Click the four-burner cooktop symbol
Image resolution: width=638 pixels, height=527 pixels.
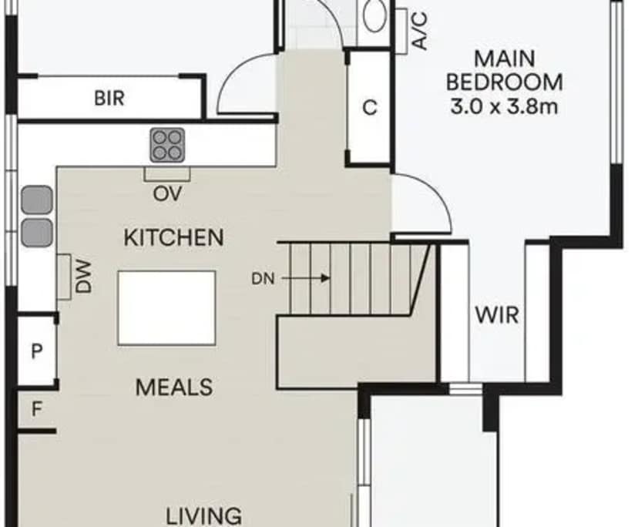click(x=167, y=144)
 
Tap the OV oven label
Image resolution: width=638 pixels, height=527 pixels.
click(x=167, y=193)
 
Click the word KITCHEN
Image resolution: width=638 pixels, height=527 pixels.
click(x=174, y=237)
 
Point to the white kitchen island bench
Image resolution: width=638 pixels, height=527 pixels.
click(x=167, y=308)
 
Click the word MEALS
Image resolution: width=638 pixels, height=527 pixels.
click(x=174, y=387)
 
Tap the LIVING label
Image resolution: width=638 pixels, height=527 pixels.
click(x=205, y=515)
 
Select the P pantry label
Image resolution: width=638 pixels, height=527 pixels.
click(x=35, y=351)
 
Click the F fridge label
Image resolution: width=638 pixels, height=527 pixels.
click(x=35, y=409)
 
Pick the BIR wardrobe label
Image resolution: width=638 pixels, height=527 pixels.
click(x=109, y=99)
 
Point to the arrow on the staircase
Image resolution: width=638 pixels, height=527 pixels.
click(x=320, y=278)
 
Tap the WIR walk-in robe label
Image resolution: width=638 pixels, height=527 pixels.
click(x=496, y=315)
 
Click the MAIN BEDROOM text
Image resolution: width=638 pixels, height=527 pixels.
click(x=505, y=70)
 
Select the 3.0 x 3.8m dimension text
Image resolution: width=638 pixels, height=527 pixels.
click(x=505, y=106)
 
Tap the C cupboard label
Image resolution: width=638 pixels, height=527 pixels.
click(x=370, y=109)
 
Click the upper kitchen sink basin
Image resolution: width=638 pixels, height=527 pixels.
click(x=36, y=200)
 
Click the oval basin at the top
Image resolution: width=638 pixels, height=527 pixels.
click(x=376, y=15)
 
